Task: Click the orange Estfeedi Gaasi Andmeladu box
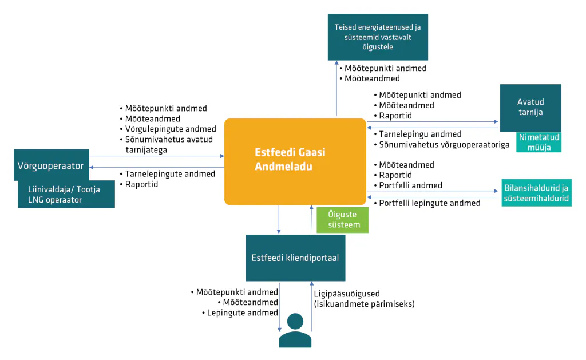click(295, 161)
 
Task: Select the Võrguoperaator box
click(52, 165)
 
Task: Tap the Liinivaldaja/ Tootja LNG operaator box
click(66, 195)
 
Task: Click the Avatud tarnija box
click(530, 108)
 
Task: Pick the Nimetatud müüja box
click(539, 142)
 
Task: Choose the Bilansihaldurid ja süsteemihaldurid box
click(536, 192)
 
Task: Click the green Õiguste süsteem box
click(342, 220)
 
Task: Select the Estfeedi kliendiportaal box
click(295, 258)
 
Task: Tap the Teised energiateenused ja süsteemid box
click(378, 37)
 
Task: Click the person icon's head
click(295, 321)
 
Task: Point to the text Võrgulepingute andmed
click(171, 129)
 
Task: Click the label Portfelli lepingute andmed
click(429, 203)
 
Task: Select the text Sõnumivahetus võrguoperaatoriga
click(444, 145)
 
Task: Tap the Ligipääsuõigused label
click(346, 294)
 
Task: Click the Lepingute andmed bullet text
click(242, 312)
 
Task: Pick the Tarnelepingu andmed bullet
click(420, 134)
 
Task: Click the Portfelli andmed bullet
click(410, 185)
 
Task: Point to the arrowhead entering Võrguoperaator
click(92, 167)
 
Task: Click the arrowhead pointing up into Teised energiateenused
click(336, 63)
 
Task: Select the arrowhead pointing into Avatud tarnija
click(496, 121)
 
